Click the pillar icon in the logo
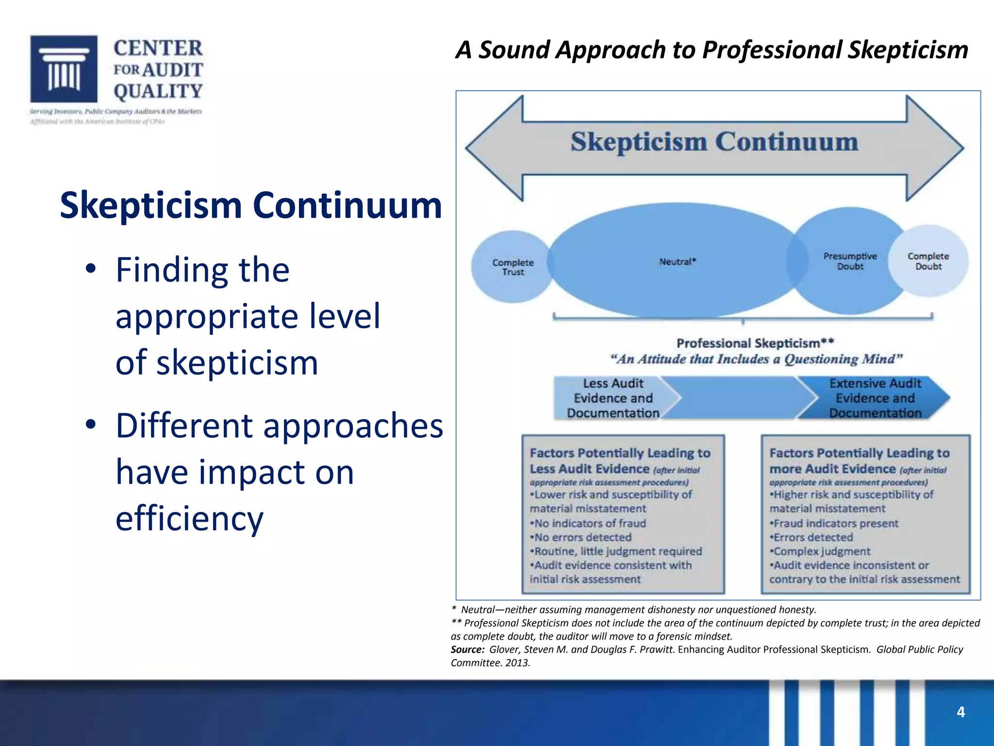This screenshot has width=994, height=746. coord(64,68)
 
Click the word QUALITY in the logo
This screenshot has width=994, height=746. coord(158,91)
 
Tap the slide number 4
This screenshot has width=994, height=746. coord(961,712)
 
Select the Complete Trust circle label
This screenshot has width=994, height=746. coord(513,267)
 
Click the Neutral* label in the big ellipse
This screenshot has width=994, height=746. coord(678,262)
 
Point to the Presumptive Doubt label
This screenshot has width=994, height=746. coord(850,261)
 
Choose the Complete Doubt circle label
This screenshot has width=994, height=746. coord(928,261)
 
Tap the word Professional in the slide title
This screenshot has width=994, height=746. coord(772,50)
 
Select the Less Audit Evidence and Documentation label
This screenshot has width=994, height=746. coord(613,398)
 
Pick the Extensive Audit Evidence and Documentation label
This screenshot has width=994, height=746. coord(875,398)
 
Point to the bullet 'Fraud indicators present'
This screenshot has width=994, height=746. coord(835,524)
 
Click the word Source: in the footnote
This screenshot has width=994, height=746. coord(467,650)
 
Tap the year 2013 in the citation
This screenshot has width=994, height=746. coord(517,663)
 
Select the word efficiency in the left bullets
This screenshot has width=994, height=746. coord(189,518)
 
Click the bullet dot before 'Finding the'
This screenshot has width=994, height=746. coord(90,269)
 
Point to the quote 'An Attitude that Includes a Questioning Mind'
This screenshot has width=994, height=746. coord(756,359)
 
